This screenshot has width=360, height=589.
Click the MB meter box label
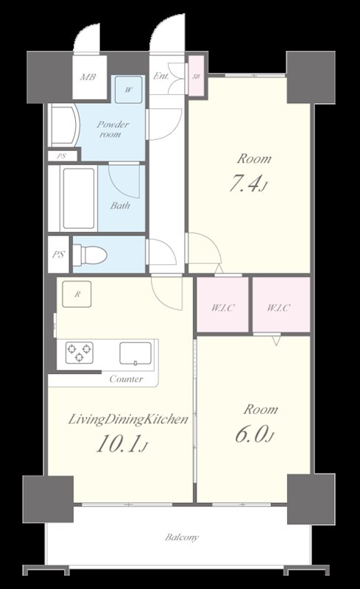click(x=88, y=77)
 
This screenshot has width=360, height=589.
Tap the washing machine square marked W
click(x=129, y=90)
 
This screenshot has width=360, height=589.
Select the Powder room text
click(x=113, y=129)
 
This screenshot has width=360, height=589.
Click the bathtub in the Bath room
click(x=79, y=198)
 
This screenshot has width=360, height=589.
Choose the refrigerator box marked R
click(x=77, y=294)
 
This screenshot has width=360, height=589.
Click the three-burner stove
click(x=80, y=353)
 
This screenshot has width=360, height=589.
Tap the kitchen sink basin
click(x=135, y=353)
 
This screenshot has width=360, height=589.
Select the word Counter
click(x=127, y=379)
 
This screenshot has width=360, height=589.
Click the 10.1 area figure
click(x=121, y=444)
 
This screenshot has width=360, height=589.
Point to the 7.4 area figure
click(x=247, y=184)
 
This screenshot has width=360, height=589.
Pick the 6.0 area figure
click(x=255, y=434)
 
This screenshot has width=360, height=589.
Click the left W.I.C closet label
click(x=223, y=308)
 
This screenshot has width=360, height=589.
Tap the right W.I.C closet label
click(x=278, y=308)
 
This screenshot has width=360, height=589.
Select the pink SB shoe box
click(x=196, y=76)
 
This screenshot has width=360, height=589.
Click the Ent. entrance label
click(x=160, y=76)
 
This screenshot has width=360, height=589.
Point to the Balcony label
click(x=182, y=537)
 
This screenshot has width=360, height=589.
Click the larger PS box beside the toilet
click(x=59, y=254)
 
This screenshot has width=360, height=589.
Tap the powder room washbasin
click(x=64, y=125)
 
